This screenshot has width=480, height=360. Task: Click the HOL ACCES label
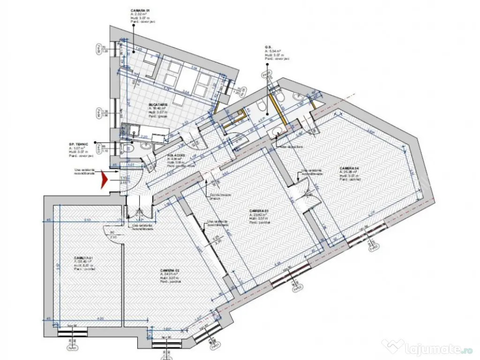click(176, 155)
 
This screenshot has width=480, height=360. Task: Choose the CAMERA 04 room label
click(349, 168)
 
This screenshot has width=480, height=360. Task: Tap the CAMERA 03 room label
click(259, 210)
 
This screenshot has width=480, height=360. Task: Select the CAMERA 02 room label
click(169, 270)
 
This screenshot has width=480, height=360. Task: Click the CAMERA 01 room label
click(84, 258)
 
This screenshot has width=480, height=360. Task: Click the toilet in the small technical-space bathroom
click(130, 149)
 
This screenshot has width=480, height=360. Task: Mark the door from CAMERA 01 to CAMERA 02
click(112, 228)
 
